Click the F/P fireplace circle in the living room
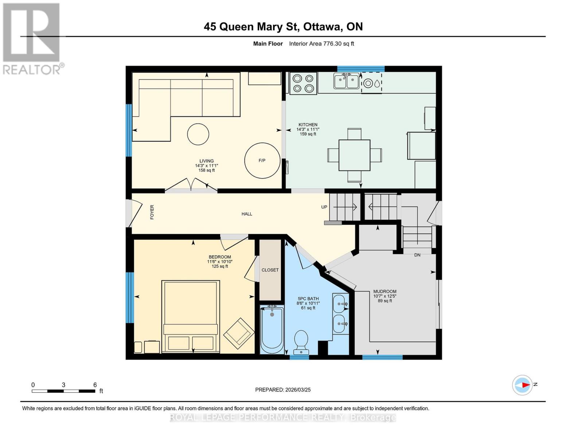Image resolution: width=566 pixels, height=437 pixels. click(x=262, y=161)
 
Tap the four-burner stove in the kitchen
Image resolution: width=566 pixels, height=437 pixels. click(x=303, y=83)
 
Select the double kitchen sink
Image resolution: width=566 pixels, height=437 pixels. click(x=347, y=81)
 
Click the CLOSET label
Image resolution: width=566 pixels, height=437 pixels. click(x=270, y=270)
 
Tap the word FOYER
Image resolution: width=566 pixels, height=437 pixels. click(x=152, y=212)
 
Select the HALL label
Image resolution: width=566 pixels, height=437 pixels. click(x=247, y=214)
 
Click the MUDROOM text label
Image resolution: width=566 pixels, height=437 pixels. click(x=385, y=291)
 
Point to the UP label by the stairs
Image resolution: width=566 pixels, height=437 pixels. click(x=324, y=207)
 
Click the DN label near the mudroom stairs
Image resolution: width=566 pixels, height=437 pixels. click(x=417, y=255)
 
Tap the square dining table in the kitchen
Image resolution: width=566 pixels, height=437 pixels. click(x=355, y=155)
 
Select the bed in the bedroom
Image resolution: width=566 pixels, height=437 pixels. click(x=191, y=316)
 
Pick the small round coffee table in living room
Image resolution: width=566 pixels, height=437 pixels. click(x=198, y=134)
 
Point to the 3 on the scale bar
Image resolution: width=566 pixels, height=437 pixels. click(x=63, y=385)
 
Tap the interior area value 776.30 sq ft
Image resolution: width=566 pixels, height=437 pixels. click(x=339, y=44)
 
